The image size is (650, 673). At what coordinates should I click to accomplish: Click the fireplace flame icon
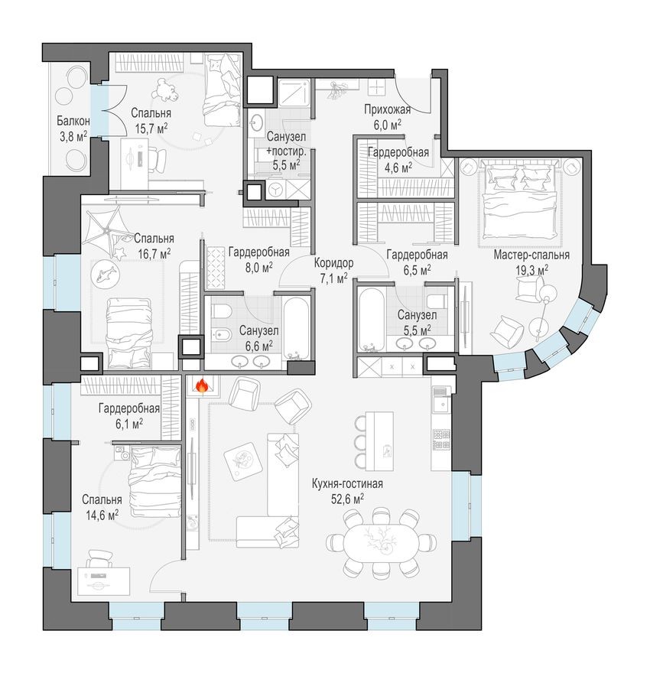point(201,387)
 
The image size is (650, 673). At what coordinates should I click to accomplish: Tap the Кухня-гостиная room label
point(346,484)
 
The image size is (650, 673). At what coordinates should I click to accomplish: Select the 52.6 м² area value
point(346,499)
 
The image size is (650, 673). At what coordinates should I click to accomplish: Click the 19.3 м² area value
point(531,270)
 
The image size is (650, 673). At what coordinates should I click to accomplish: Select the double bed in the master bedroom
point(516,200)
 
